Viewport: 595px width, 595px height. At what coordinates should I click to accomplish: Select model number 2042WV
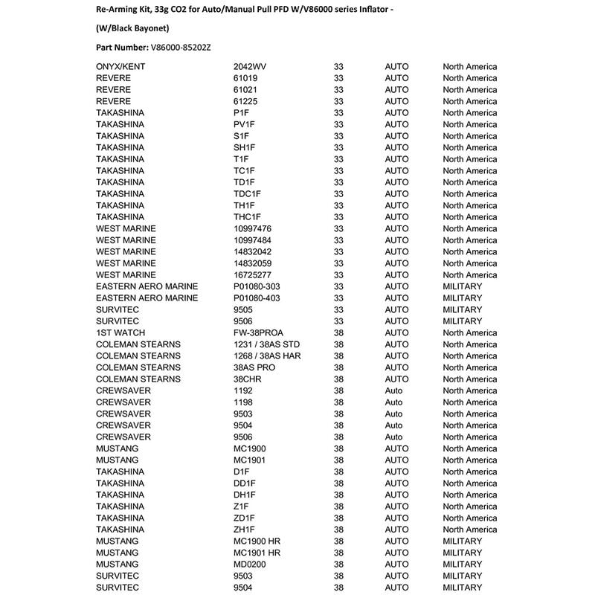point(250,67)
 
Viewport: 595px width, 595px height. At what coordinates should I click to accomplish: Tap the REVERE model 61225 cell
point(245,101)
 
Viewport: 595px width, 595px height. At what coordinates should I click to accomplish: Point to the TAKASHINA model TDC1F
point(247,194)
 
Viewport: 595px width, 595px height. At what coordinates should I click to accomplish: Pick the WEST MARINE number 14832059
point(252,263)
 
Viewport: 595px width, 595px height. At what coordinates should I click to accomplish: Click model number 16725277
point(252,275)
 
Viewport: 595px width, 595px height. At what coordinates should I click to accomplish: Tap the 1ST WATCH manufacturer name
point(120,332)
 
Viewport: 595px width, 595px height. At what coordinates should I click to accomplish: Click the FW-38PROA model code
point(258,332)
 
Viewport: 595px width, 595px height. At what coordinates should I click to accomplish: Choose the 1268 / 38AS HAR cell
point(267,356)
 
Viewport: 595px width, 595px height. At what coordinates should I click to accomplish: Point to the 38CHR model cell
point(248,379)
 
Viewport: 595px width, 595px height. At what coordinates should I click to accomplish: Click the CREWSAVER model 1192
point(243,390)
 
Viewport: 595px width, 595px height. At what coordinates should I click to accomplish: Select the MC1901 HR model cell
point(257,553)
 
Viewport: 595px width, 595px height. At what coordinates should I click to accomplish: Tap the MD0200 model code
point(250,565)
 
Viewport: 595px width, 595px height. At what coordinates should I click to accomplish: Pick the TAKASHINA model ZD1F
point(244,518)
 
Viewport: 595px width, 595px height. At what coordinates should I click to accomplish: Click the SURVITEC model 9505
point(243,309)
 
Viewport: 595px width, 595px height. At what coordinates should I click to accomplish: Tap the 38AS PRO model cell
point(254,367)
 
